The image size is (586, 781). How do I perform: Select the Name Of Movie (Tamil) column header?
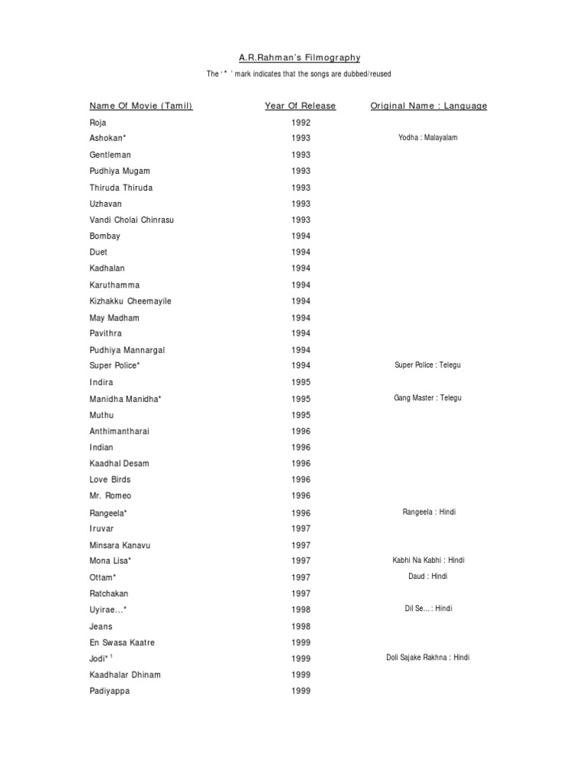(141, 106)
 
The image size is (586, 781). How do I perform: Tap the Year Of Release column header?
(300, 106)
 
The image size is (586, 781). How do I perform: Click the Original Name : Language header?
(429, 106)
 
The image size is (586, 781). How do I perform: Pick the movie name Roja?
(98, 122)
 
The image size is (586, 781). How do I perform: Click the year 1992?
(301, 122)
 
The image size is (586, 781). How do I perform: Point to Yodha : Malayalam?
(428, 137)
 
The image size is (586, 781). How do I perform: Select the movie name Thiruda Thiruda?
(121, 188)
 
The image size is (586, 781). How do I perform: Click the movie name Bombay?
(105, 236)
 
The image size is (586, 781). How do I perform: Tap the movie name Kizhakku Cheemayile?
(130, 301)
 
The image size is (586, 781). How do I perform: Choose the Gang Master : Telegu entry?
(428, 398)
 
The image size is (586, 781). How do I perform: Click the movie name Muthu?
(101, 415)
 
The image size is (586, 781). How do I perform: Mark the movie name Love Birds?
(110, 480)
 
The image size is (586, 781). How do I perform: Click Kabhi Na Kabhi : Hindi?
(428, 561)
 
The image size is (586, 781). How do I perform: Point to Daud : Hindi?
(428, 577)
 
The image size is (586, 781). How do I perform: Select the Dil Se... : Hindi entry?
(428, 609)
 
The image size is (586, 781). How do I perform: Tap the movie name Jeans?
(101, 626)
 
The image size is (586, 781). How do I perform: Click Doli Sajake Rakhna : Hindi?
(428, 657)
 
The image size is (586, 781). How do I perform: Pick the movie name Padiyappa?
(109, 691)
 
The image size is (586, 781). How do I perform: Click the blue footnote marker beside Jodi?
(111, 655)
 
